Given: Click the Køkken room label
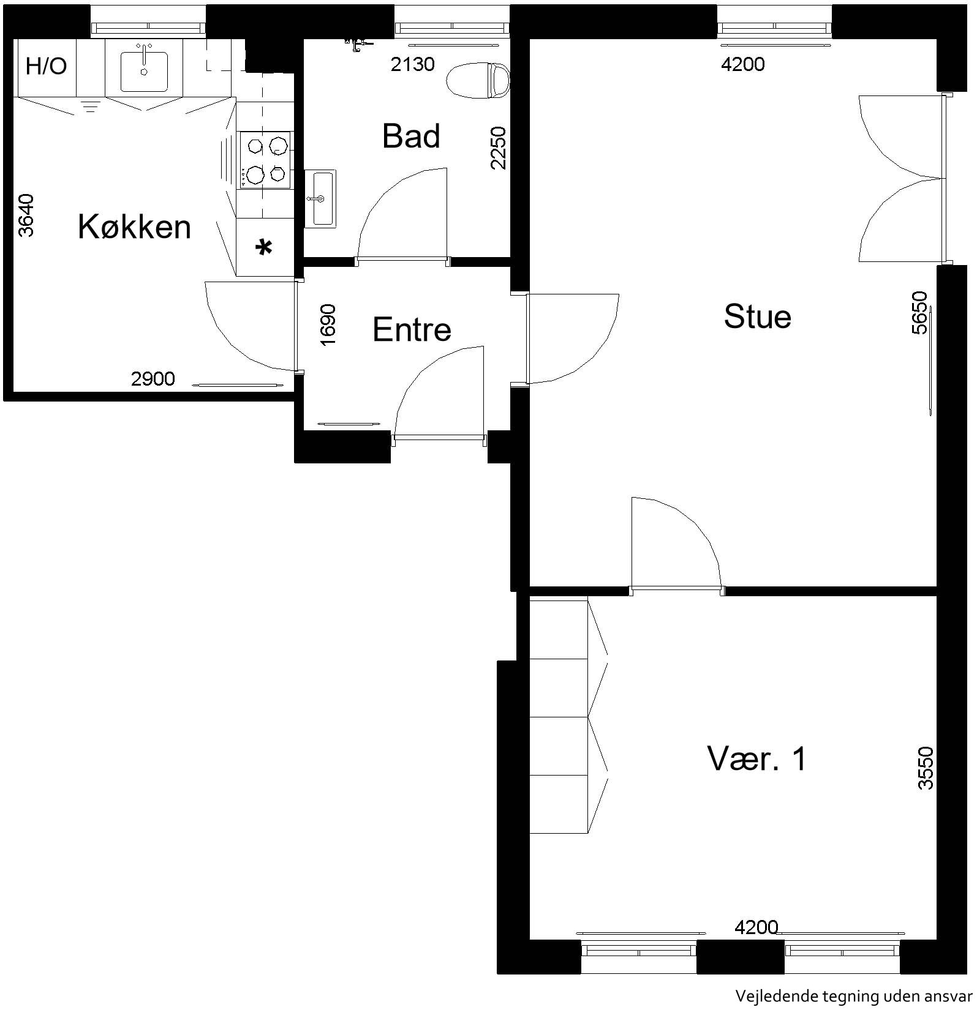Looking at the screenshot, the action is coord(134,226).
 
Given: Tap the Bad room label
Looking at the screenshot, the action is coord(411,136).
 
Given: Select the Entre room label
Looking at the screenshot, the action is coord(412,329).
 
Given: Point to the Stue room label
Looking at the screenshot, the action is coord(757,316).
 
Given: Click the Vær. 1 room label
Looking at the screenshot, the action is coord(757,758).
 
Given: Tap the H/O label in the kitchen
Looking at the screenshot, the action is coord(46,65).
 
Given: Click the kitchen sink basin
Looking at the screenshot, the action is coord(144,72).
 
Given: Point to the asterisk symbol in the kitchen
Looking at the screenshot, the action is coord(264,249).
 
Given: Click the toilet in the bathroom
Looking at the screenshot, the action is coord(478,80).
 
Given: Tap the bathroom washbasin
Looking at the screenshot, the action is coord(320,198).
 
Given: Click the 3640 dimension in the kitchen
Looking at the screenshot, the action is coord(26,215).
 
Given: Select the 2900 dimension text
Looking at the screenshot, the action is coord(153,379).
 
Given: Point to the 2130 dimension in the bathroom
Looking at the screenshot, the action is coord(413,64).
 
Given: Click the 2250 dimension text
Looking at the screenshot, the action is coord(499,148).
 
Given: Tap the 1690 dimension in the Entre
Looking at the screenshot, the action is coord(328,324).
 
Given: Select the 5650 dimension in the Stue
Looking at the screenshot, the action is coord(919,313).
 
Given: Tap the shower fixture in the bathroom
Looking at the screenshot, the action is coord(358,43).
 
